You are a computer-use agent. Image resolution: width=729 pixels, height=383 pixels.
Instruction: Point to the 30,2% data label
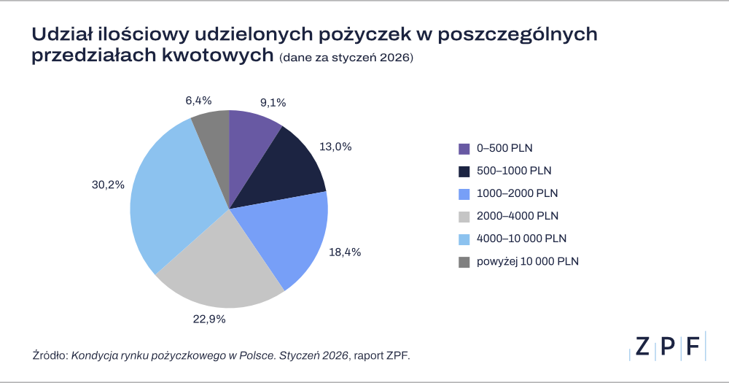tap(107, 185)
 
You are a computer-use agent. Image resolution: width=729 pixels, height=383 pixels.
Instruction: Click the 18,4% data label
tap(346, 252)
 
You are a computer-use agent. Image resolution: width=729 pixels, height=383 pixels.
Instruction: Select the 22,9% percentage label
tap(209, 319)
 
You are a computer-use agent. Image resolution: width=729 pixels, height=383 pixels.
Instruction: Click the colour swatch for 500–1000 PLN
tap(464, 171)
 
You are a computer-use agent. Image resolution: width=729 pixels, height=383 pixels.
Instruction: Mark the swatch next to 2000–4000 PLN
tap(464, 217)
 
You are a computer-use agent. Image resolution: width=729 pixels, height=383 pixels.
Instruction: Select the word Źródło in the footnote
tap(50, 355)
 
